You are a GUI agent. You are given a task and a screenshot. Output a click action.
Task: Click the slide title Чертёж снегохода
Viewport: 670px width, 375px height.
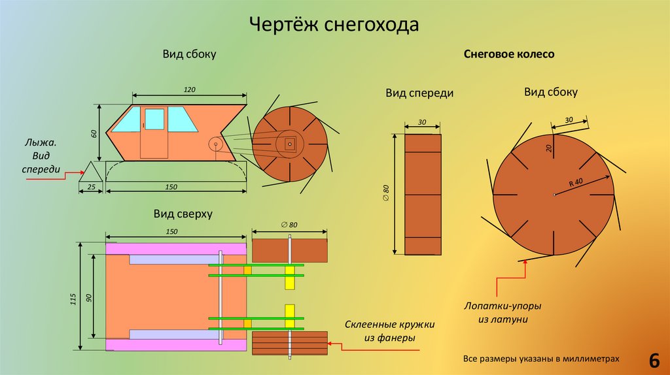pyautogui.click(x=334, y=25)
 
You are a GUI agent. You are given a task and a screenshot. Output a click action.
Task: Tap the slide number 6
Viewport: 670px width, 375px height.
pyautogui.click(x=653, y=360)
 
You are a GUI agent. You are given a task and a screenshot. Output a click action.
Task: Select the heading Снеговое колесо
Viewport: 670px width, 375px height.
pyautogui.click(x=509, y=54)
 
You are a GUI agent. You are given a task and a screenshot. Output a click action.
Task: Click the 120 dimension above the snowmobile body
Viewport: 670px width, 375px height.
pyautogui.click(x=190, y=89)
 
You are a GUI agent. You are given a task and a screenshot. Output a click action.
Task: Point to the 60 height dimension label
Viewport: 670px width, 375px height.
pyautogui.click(x=94, y=133)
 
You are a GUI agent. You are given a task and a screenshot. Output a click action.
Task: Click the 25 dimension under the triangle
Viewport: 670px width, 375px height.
pyautogui.click(x=90, y=187)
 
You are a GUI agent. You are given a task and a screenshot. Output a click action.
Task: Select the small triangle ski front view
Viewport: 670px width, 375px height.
pyautogui.click(x=90, y=171)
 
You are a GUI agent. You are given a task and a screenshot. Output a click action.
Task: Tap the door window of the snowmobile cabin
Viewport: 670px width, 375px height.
pyautogui.click(x=154, y=119)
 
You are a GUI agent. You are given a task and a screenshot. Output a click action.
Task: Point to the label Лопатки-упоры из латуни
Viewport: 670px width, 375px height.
pyautogui.click(x=502, y=312)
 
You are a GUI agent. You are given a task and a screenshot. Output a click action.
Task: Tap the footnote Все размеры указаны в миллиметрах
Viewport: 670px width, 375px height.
pyautogui.click(x=540, y=359)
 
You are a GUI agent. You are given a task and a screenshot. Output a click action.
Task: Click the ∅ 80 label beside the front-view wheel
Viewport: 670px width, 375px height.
pyautogui.click(x=386, y=193)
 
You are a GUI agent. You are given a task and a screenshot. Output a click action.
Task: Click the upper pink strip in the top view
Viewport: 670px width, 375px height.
pyautogui.click(x=176, y=248)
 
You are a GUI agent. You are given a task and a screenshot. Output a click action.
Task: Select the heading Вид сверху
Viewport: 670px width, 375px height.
pyautogui.click(x=183, y=213)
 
